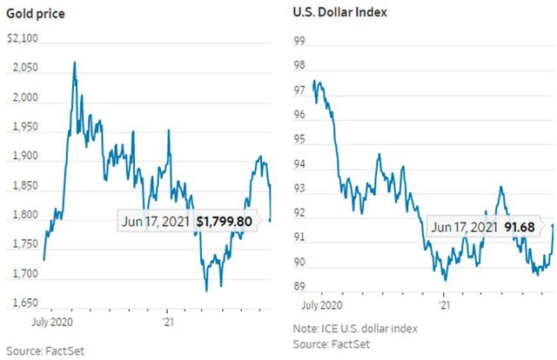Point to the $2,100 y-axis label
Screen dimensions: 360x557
[x=23, y=39]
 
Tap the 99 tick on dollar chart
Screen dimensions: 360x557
[x=300, y=41]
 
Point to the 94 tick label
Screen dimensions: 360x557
[x=300, y=163]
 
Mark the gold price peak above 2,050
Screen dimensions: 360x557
[x=75, y=62]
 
